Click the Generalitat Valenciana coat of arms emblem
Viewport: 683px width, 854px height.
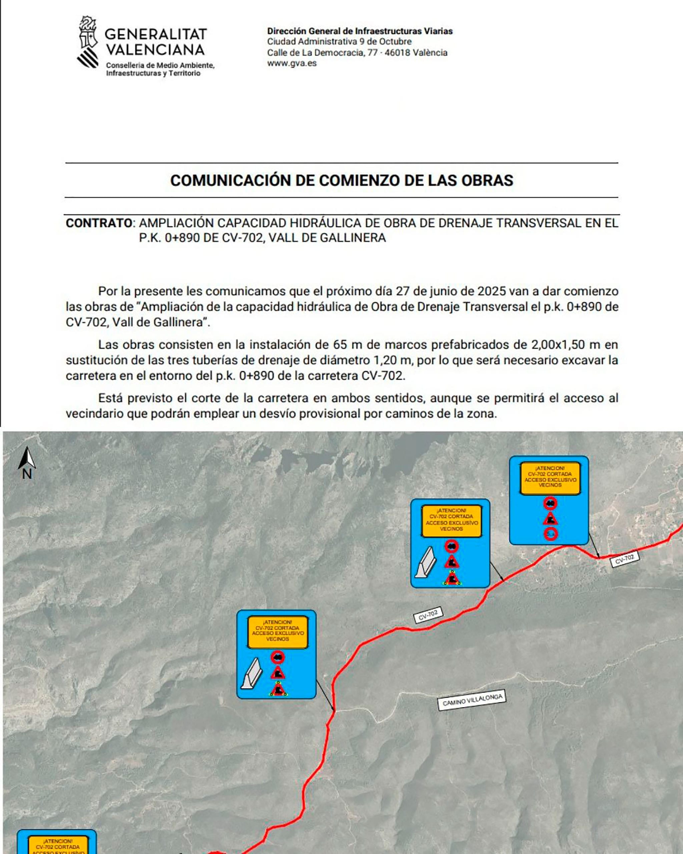(88, 42)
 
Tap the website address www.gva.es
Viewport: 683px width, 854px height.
(292, 63)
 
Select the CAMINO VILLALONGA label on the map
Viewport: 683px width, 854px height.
(472, 701)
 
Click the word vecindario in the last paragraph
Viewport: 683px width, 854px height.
(95, 414)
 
